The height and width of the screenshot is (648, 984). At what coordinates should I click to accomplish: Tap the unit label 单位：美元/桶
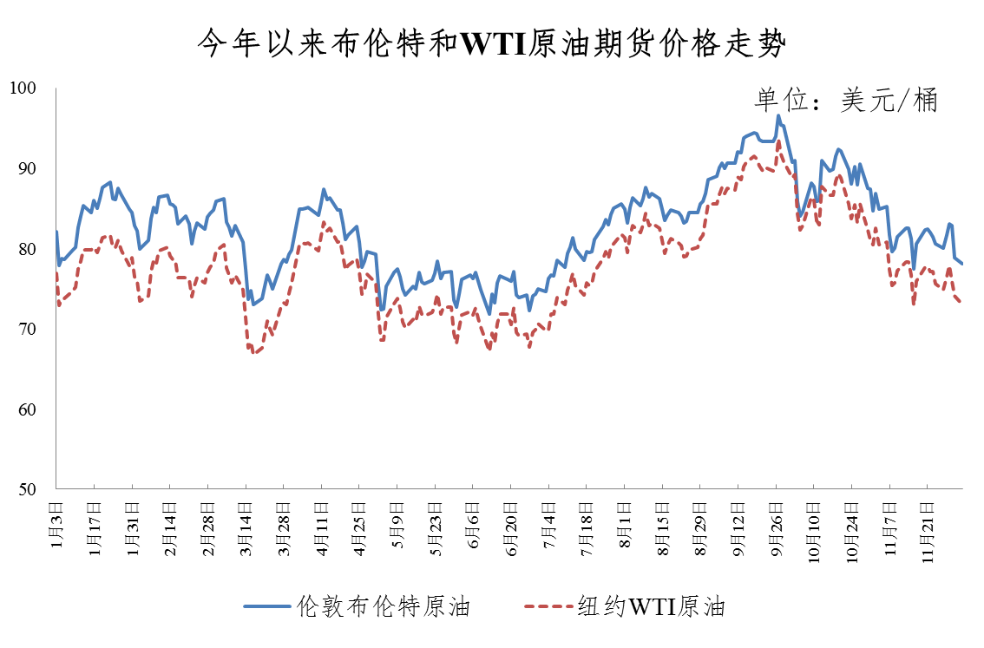click(845, 101)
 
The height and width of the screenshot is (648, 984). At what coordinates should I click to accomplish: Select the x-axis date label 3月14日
click(245, 526)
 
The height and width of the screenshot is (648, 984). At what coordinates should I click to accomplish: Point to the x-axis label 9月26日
click(776, 526)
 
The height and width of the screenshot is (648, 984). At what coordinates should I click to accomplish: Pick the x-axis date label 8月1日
click(624, 520)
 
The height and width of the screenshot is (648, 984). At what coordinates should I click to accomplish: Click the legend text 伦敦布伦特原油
click(383, 605)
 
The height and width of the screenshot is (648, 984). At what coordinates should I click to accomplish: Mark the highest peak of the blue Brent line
click(777, 115)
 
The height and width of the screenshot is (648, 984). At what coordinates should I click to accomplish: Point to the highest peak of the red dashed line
click(778, 141)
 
